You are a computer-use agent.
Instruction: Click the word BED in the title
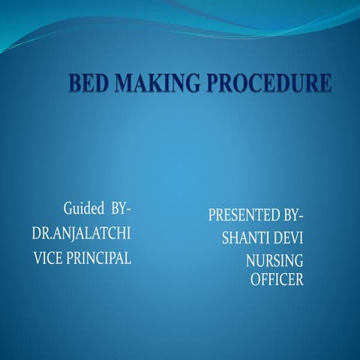coord(88,82)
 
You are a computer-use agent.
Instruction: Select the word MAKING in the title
coord(157,82)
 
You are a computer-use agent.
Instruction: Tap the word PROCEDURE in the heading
coord(269,82)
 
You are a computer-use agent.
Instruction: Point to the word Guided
coord(84,208)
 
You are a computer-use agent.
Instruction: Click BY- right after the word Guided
coord(121,208)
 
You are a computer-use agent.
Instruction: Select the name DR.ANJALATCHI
coord(81,233)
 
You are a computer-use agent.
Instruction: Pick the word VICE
coord(48,258)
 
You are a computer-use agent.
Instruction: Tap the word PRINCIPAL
coord(98,258)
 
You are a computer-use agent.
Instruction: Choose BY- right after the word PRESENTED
coord(293,214)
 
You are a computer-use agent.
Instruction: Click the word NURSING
coord(274,260)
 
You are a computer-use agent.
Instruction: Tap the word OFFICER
coord(277,279)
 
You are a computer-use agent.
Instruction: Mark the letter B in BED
coord(75,82)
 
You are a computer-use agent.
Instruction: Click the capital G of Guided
coord(68,208)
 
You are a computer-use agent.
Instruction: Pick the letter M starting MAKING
coord(123,82)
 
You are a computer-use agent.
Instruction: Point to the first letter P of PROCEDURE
coord(213,82)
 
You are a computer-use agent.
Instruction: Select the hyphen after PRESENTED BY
coord(301,215)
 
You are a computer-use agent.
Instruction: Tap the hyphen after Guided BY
coord(128,209)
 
